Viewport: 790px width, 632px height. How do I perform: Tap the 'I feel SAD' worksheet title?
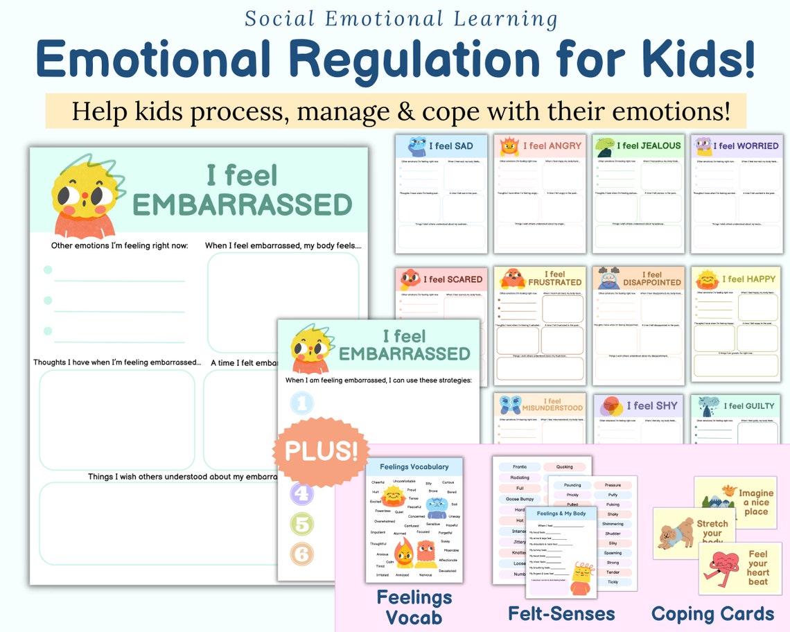450,146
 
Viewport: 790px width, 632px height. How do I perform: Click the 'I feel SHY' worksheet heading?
652,406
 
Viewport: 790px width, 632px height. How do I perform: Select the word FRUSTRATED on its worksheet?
555,283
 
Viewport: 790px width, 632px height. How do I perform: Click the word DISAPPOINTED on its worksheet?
652,283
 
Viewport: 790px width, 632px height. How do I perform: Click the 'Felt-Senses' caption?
561,613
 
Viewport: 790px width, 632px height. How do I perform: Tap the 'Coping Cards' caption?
712,613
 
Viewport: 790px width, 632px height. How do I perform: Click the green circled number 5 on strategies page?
301,524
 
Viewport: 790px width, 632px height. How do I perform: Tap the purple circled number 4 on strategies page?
301,494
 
